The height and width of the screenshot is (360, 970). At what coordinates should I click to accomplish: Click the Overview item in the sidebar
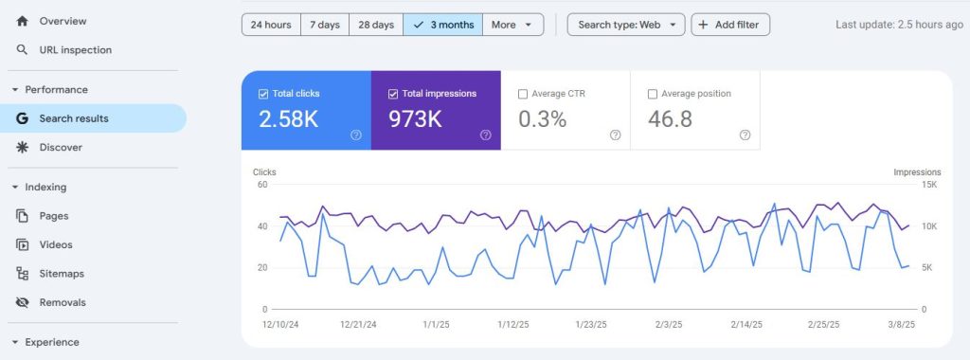click(x=63, y=21)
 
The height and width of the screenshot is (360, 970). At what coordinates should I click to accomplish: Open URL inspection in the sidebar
click(x=75, y=50)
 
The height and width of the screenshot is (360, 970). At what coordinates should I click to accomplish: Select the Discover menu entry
click(x=61, y=148)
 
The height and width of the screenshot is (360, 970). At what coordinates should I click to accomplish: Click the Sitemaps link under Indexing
click(x=62, y=274)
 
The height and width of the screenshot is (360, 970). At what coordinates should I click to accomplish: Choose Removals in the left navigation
click(x=63, y=303)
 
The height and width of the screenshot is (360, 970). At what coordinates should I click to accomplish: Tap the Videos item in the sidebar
click(x=55, y=244)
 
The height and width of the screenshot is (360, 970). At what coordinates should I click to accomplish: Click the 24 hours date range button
click(x=272, y=25)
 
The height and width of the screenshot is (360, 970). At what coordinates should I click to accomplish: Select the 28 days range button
click(x=376, y=25)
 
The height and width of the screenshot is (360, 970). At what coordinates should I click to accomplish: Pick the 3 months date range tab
click(x=443, y=25)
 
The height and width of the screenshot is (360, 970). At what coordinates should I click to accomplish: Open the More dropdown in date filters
click(x=512, y=25)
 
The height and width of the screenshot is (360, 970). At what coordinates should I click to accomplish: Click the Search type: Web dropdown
click(x=626, y=25)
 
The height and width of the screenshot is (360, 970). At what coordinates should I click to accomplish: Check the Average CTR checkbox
click(x=523, y=94)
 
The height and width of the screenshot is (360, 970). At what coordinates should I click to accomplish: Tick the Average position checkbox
click(x=652, y=94)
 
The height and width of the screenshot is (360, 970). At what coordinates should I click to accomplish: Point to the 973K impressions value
click(x=416, y=119)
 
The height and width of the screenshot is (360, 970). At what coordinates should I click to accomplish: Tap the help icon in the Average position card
click(x=745, y=135)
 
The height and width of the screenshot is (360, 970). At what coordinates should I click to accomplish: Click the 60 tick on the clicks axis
click(x=261, y=185)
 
